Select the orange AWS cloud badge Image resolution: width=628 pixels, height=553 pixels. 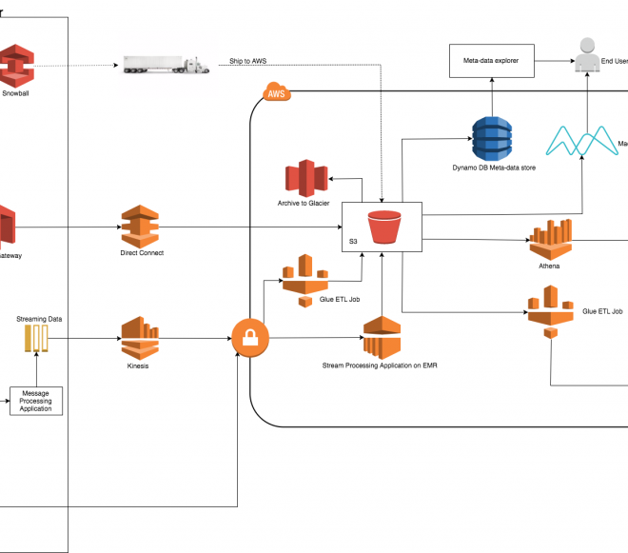[x=275, y=93]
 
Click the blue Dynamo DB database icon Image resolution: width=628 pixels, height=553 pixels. [x=493, y=137]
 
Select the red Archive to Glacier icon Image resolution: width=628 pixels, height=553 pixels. [x=306, y=180]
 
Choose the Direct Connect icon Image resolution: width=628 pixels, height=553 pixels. [x=140, y=227]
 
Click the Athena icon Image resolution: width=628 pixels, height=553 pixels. [x=549, y=240]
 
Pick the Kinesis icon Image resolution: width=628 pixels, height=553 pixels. [x=140, y=337]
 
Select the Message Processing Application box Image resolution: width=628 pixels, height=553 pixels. [x=35, y=401]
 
